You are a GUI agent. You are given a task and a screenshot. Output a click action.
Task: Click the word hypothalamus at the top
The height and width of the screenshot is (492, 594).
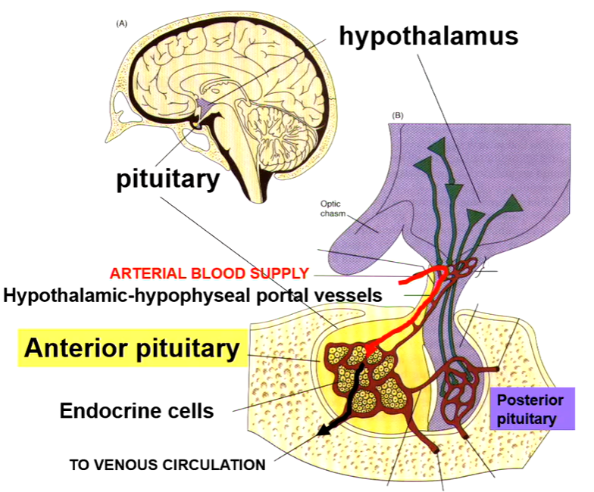click(428, 36)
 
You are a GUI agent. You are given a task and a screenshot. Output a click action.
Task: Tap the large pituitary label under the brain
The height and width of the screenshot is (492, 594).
click(167, 179)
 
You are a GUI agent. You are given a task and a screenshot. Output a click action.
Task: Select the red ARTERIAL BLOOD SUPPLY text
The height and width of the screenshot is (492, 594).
click(209, 273)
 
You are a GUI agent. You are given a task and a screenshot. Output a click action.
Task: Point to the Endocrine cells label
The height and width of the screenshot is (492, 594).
click(136, 411)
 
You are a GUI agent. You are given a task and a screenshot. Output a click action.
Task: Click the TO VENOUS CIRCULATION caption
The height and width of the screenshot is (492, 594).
click(167, 464)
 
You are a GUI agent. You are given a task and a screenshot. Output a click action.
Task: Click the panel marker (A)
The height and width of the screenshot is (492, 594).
click(121, 24)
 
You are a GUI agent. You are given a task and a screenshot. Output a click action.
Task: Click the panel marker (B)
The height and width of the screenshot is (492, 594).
click(398, 116)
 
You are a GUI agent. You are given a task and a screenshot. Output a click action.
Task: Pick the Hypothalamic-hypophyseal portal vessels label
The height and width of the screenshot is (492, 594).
click(192, 295)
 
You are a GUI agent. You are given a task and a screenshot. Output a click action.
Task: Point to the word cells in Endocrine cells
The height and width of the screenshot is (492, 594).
click(190, 411)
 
